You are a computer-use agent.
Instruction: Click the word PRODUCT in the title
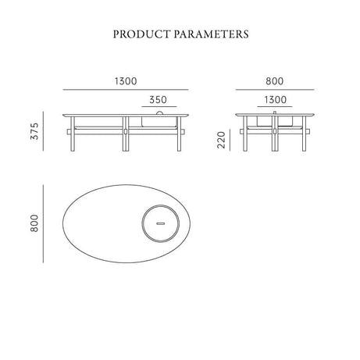(141, 34)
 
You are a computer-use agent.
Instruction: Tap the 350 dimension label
(158, 100)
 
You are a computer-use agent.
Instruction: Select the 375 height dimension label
(34, 131)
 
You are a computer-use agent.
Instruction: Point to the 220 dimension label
(221, 140)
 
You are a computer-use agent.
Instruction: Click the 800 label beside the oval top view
(34, 223)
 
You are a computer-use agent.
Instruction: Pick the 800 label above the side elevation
(275, 81)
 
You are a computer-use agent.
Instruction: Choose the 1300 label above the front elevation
(126, 81)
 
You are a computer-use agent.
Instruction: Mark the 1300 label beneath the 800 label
(276, 100)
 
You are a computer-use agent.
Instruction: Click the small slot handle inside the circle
(161, 223)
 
